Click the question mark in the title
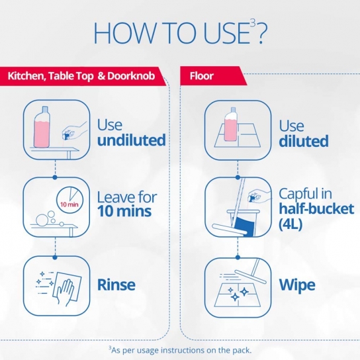261,34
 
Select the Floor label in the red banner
202,76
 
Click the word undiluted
131,140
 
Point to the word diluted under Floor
304,141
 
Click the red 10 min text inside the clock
69,204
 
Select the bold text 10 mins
124,211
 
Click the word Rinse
116,285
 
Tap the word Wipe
297,285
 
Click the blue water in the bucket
245,226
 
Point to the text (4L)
291,224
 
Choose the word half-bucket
316,208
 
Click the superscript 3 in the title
253,23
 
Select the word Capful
298,194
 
